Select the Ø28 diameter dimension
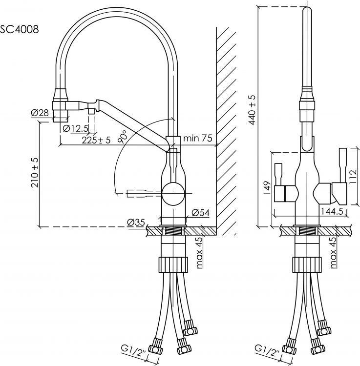[40, 113]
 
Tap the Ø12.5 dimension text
[76, 128]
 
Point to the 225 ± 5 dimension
[96, 140]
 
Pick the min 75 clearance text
[197, 139]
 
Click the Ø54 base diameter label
[201, 212]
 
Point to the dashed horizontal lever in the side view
[141, 193]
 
